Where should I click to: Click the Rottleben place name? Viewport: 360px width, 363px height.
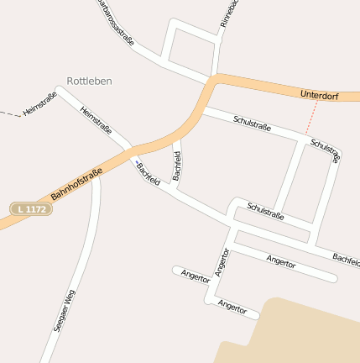[89, 82]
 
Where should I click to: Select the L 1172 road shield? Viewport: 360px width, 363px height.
[32, 208]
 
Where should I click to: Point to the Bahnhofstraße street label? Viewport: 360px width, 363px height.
[76, 185]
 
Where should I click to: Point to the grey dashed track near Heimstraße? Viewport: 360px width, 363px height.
[10, 113]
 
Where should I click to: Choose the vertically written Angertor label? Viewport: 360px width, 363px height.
[222, 262]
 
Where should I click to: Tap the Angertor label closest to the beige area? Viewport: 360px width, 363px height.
[232, 306]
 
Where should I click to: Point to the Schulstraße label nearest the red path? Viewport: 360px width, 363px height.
[325, 150]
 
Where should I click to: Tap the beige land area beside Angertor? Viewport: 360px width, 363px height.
[294, 332]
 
